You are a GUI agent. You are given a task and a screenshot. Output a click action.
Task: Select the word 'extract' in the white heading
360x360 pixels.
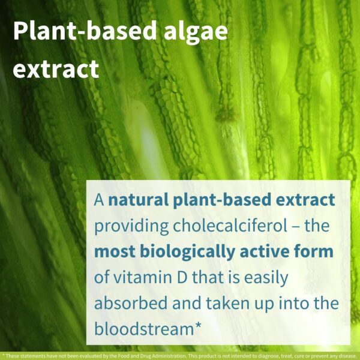click(x=56, y=69)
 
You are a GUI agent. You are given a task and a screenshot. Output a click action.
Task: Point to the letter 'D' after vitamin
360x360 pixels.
click(x=175, y=278)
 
